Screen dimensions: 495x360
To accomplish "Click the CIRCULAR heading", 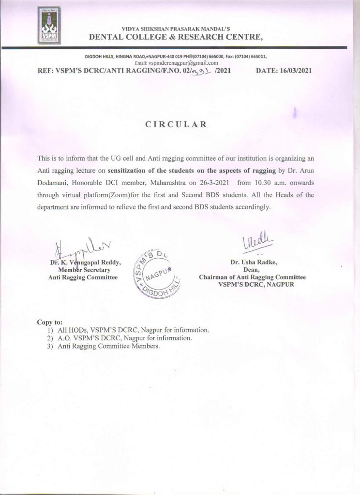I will tap(176, 124).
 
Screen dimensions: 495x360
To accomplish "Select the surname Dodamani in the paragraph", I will tap(53, 186).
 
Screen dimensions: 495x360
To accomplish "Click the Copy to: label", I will tap(50, 322).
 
